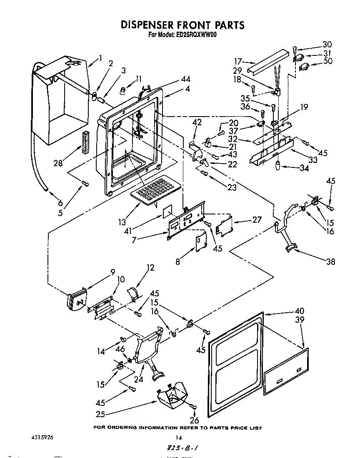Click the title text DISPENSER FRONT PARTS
tap(182, 25)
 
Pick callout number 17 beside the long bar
tap(238, 60)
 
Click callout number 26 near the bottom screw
tap(194, 420)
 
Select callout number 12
tap(150, 268)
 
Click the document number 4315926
tap(42, 438)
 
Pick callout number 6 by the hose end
tap(60, 203)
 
